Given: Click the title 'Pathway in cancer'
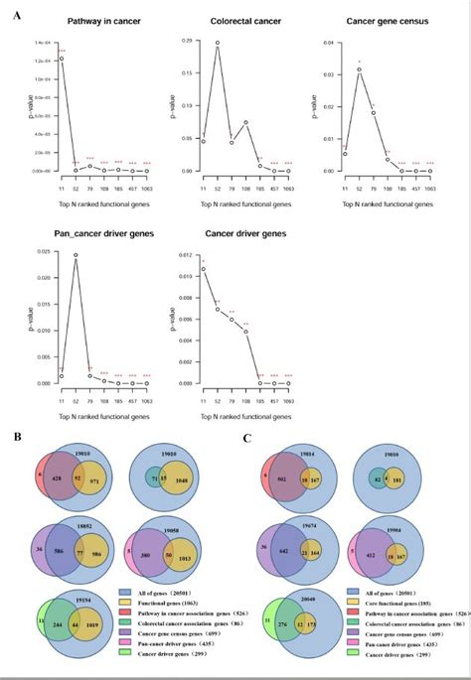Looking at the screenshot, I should pos(95,21).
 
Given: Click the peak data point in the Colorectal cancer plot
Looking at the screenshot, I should pos(218,43).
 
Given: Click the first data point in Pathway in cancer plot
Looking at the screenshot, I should pos(62,59).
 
